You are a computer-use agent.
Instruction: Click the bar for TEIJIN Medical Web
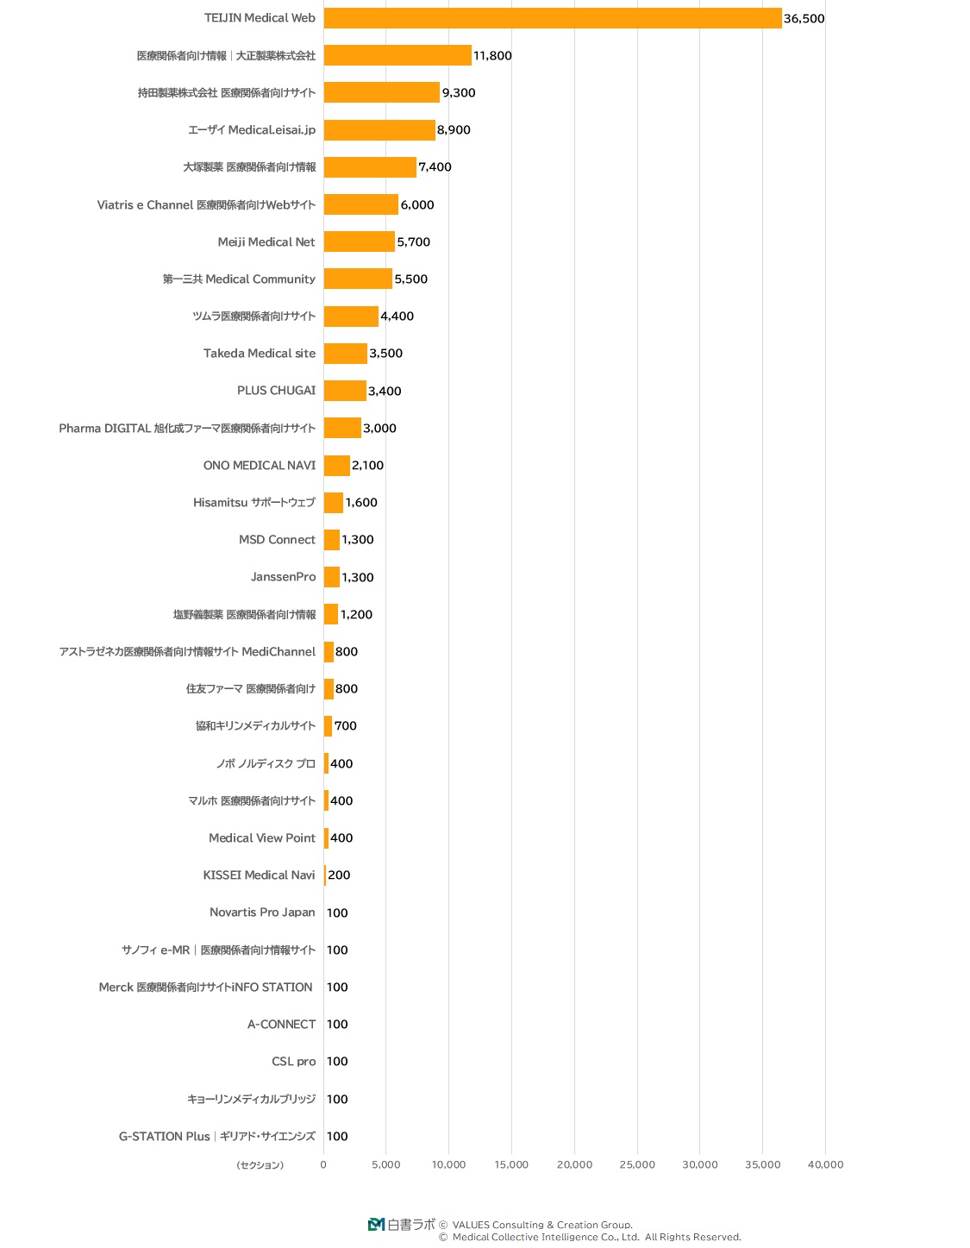pos(552,18)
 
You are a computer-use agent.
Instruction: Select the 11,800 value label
pos(492,56)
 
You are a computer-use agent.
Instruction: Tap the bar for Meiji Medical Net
pos(359,241)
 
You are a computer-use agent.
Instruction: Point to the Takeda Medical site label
pos(260,354)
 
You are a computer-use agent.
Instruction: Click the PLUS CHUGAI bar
pos(345,391)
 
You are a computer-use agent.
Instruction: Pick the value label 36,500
pos(804,19)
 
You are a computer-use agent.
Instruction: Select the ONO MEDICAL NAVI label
pos(260,466)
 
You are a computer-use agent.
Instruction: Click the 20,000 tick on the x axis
pos(574,1164)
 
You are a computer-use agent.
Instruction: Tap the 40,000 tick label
pos(825,1164)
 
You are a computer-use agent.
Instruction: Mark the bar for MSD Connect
pos(331,540)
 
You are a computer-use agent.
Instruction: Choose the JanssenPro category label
pos(283,577)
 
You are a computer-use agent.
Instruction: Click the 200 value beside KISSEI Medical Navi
pos(339,875)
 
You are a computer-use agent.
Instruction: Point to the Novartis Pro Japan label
pos(262,912)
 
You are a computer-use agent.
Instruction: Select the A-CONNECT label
pos(281,1025)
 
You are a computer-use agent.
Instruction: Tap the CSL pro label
pos(293,1062)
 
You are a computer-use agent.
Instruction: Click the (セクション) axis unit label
pos(260,1165)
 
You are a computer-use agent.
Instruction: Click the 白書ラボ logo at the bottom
pos(402,1224)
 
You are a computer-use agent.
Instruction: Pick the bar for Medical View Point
pos(326,838)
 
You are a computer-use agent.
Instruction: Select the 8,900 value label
pos(454,130)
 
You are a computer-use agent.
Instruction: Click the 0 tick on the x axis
pos(323,1164)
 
